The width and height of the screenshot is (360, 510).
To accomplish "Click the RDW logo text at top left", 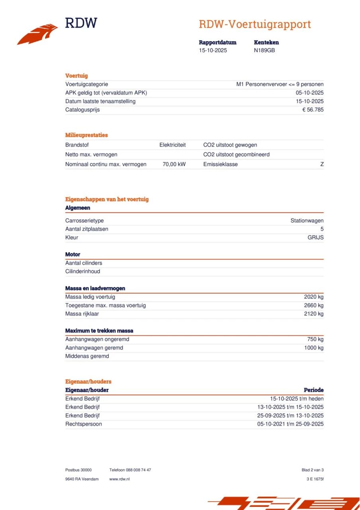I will (x=81, y=23).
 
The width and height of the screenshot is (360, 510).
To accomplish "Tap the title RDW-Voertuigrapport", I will (x=254, y=24).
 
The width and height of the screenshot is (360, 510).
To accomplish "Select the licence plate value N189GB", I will (x=264, y=50).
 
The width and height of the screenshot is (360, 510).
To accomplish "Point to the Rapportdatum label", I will (x=217, y=42).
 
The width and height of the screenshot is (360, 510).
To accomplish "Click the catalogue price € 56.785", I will (x=313, y=110).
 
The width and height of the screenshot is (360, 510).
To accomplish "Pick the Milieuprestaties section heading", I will (x=86, y=135).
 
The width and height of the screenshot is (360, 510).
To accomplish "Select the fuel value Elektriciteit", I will (x=172, y=145).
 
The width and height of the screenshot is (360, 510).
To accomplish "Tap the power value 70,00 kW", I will (x=174, y=164).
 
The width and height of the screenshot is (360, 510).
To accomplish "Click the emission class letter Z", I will (x=322, y=164).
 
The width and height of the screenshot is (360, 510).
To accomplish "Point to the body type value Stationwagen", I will (x=307, y=221).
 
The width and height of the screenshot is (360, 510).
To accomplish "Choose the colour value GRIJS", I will (x=315, y=237).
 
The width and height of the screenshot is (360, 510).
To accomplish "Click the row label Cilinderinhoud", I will (x=83, y=271).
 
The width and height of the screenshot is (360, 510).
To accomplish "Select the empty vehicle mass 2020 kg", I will (x=314, y=297).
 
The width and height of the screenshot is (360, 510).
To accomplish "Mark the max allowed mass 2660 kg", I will (x=314, y=305).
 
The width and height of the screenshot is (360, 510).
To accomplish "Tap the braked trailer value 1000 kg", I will (x=314, y=348).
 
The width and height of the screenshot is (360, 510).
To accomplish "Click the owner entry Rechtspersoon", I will (x=84, y=424).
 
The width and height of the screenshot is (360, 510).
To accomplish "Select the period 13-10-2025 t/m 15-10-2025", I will (x=290, y=407).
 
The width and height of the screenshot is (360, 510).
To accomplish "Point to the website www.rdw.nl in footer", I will (x=119, y=479).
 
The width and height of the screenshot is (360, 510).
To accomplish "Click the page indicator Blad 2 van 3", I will (x=313, y=470).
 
